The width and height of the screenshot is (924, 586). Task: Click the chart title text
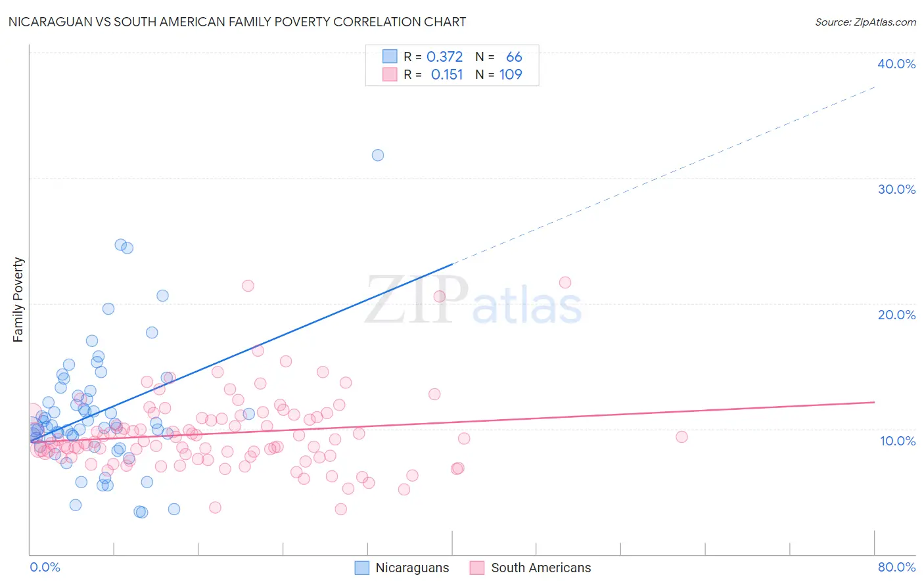(x=237, y=22)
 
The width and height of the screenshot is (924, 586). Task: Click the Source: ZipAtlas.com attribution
(x=865, y=22)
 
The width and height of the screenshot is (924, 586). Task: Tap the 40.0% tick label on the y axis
(x=896, y=64)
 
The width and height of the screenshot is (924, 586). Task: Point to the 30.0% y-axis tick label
(x=896, y=189)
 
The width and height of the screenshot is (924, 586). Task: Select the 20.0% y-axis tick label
(x=896, y=315)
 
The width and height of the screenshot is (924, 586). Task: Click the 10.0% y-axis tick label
(x=897, y=441)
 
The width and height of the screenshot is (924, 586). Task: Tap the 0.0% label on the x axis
(x=45, y=567)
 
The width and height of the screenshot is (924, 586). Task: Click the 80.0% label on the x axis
(x=896, y=567)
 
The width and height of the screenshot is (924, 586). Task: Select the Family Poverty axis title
(x=18, y=300)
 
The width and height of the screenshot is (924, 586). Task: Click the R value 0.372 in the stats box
(x=444, y=57)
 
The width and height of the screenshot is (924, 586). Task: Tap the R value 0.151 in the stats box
(x=447, y=75)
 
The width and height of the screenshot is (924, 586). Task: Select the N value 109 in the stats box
(x=511, y=75)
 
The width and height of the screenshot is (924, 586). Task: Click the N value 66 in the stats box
(x=514, y=57)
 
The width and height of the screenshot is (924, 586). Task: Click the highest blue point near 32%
(x=378, y=155)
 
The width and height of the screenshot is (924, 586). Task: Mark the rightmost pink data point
(x=681, y=437)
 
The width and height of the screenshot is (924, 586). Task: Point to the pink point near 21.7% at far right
(x=565, y=282)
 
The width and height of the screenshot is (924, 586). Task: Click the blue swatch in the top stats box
(x=390, y=57)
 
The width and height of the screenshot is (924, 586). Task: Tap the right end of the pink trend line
(x=874, y=402)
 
